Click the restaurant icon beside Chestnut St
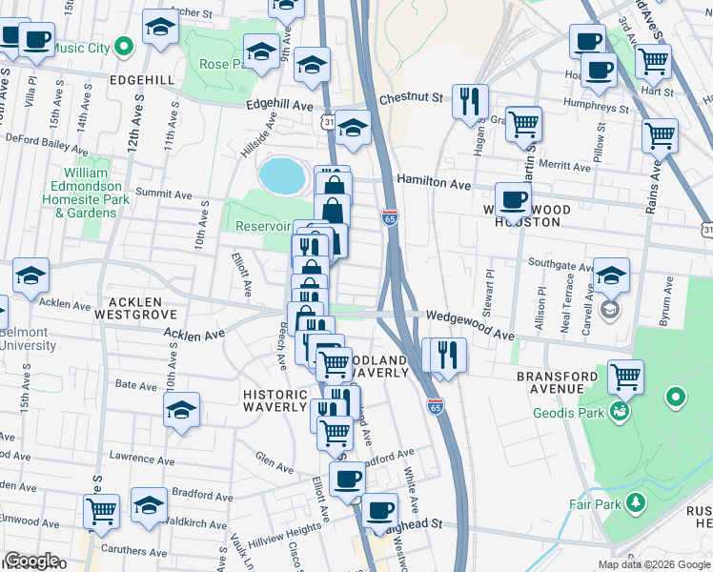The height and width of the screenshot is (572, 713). tap(470, 101)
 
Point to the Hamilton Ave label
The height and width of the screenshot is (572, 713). tap(434, 183)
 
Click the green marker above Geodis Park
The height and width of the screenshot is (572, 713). tap(676, 396)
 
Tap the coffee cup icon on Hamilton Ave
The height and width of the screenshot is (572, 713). tap(513, 199)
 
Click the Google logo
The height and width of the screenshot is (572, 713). tap(32, 561)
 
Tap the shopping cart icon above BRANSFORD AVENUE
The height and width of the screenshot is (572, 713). tap(625, 376)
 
